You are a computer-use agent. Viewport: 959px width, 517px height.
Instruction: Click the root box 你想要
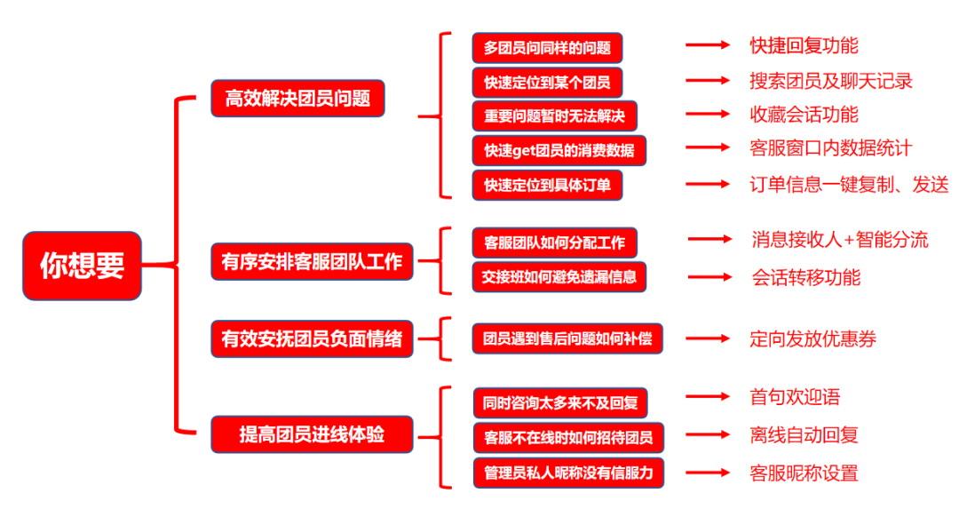coord(82,265)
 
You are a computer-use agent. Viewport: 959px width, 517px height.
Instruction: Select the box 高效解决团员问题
coord(297,98)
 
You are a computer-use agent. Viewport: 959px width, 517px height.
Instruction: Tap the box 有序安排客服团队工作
coord(312,262)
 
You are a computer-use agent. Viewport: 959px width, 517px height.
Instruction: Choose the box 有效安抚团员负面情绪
coord(312,338)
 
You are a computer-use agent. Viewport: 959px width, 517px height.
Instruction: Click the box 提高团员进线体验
coord(312,434)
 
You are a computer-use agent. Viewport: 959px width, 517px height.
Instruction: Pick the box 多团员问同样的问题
coord(547,48)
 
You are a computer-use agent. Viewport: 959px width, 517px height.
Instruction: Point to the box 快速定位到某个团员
coord(547,83)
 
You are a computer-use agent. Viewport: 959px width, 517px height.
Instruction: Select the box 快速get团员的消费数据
coord(559,150)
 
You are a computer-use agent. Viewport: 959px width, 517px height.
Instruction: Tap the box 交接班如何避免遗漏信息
coord(559,276)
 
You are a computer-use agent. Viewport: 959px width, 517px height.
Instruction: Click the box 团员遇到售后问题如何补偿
coord(567,338)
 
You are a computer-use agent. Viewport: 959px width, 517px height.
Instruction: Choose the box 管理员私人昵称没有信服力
coord(568,472)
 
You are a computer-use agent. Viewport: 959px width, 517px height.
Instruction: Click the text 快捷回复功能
coord(804,45)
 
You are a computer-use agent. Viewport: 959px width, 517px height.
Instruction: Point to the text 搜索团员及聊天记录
coord(830,81)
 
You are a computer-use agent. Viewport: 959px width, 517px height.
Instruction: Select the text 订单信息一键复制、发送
coord(849,184)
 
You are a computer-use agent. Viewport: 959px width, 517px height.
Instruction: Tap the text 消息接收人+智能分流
coord(839,240)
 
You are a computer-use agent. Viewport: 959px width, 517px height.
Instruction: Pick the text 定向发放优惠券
coord(812,338)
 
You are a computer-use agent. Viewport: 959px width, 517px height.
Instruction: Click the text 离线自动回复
coord(804,435)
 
